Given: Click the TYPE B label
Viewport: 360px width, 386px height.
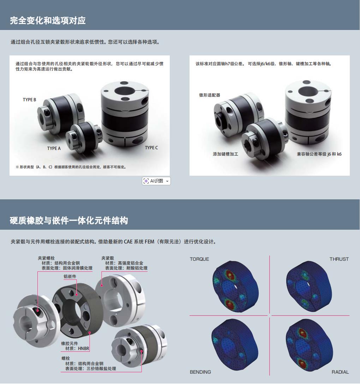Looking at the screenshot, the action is click(x=29, y=100).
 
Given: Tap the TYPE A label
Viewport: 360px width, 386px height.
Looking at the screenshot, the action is click(x=54, y=149).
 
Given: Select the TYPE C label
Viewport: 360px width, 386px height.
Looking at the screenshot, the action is click(x=151, y=148).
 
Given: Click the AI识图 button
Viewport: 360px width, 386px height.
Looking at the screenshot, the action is click(x=156, y=181).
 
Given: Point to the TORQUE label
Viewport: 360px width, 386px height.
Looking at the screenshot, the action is click(x=199, y=259).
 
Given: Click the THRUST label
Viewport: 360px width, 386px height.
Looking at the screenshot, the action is click(x=339, y=259).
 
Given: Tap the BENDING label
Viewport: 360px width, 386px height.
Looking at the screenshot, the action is click(x=200, y=372).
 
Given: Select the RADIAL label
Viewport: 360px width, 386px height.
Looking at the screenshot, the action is click(x=340, y=372).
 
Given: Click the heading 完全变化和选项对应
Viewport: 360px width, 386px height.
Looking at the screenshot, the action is click(x=48, y=20).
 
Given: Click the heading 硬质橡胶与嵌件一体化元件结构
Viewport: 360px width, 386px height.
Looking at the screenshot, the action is click(x=69, y=220).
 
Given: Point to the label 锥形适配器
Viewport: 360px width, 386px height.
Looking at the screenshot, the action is click(x=210, y=95).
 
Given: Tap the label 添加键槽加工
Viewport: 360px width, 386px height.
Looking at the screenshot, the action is click(x=225, y=154).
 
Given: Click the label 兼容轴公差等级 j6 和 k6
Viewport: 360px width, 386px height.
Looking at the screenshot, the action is click(x=319, y=154).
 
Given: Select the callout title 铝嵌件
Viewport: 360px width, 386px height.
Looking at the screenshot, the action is click(x=70, y=277).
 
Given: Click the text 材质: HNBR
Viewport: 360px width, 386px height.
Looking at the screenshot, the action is click(x=77, y=348).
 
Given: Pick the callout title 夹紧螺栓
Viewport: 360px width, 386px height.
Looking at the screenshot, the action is click(x=46, y=258).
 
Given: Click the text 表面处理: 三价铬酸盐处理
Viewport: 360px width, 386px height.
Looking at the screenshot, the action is click(x=91, y=368).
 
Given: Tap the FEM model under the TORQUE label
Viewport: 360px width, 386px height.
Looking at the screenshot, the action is click(x=235, y=287).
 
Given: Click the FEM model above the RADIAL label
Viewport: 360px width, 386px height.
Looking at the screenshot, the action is click(x=309, y=345).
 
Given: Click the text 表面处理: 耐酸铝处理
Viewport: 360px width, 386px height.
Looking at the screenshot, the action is click(x=126, y=268).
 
